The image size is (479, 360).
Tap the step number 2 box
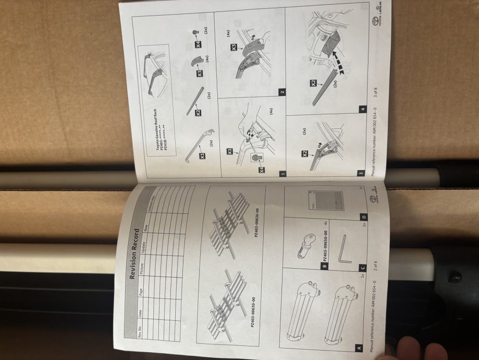pyautogui.click(x=281, y=92)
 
